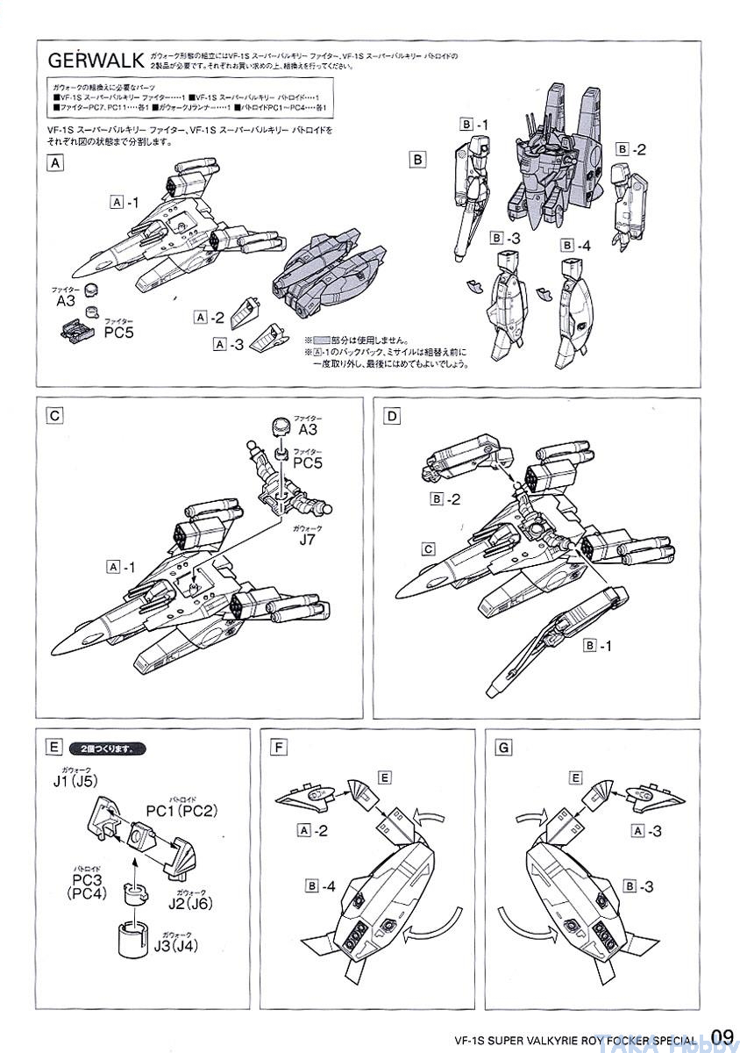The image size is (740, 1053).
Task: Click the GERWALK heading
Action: (96, 61)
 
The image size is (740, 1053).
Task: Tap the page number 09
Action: (722, 1036)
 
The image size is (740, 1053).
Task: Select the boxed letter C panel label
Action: (55, 416)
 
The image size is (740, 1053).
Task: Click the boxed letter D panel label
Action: (392, 416)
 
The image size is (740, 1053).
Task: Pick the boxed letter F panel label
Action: (280, 748)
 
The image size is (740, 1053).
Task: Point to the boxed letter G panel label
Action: (503, 748)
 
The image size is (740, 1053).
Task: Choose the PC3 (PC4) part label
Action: (85, 886)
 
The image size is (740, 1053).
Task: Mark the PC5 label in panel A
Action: (118, 333)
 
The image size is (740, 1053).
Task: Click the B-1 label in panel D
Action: (602, 645)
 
